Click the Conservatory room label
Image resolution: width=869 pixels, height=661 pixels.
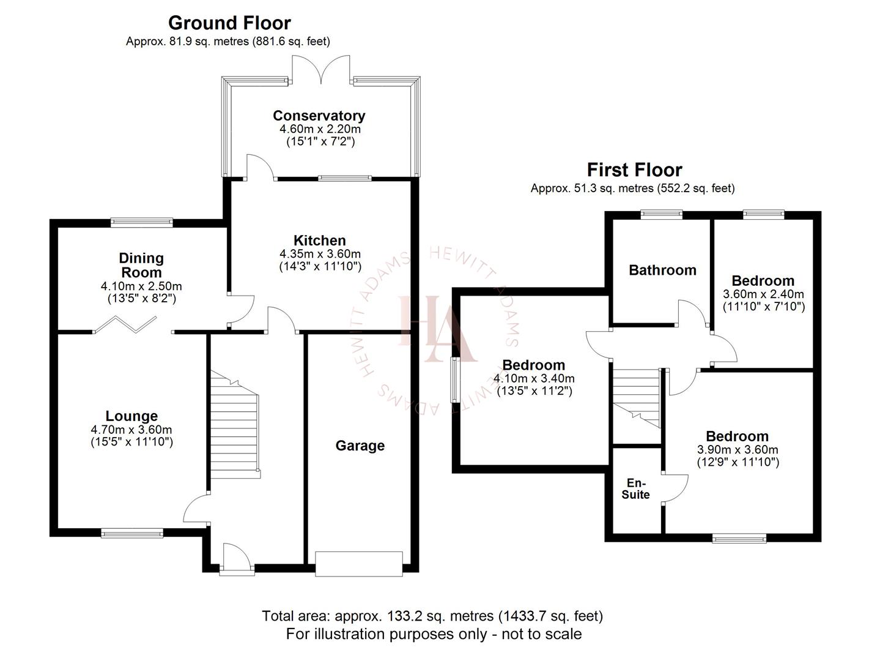coord(319,116)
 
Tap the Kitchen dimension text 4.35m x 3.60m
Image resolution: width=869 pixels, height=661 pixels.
coord(320,254)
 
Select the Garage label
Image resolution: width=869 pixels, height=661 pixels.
coord(360,446)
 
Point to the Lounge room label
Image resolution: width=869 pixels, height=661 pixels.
coord(131,416)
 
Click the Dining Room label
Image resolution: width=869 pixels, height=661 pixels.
coord(141,265)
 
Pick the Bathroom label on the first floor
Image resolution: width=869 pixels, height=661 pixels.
coord(662,270)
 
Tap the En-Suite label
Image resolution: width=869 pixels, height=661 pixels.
coord(635,489)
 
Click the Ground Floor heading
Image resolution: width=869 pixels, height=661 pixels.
coord(229,23)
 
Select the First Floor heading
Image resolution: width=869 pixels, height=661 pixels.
coord(634,170)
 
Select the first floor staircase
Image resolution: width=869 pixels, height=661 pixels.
coord(637,398)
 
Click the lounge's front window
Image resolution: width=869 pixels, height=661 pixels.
coord(133,533)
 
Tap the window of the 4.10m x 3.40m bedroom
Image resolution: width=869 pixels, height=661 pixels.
coord(455,380)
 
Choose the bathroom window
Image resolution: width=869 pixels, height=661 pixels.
coord(662,214)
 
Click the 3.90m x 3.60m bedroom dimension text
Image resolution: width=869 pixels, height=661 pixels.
coord(738,450)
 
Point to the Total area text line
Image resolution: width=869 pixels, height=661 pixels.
coord(432,616)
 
